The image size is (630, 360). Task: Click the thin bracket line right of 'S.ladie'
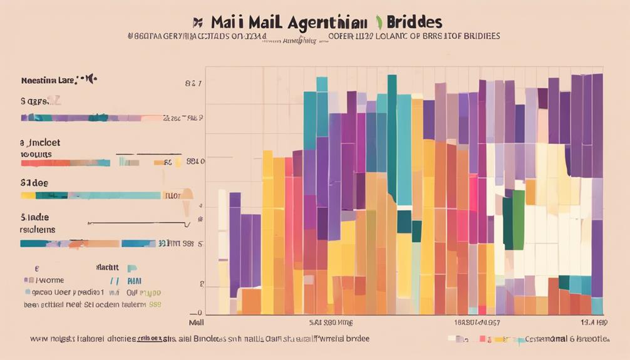138,222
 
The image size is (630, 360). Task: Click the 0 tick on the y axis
199,312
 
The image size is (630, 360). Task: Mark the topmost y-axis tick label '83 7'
193,83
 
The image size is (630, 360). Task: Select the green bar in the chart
517,220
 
